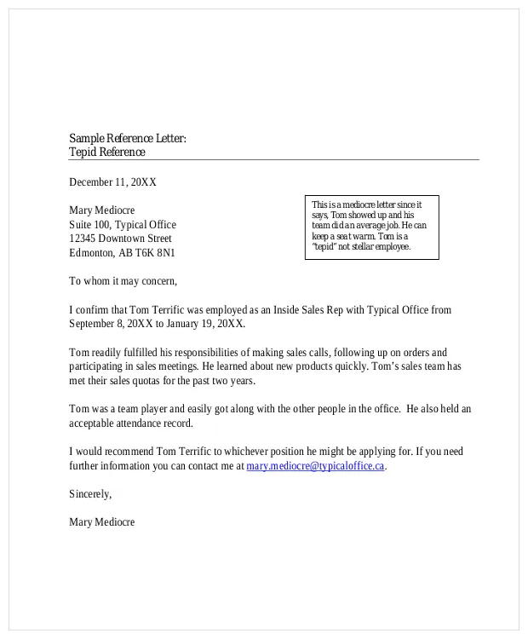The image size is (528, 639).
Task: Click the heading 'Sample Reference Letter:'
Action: [x=127, y=138]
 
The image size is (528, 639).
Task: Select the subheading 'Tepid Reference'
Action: [x=107, y=153]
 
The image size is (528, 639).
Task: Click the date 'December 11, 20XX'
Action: [x=112, y=182]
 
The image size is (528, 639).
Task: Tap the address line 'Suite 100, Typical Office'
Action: [x=123, y=225]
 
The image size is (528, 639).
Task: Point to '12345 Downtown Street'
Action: [x=120, y=239]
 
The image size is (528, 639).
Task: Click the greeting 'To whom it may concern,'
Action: [x=123, y=281]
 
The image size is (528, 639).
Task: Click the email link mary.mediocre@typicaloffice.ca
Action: [x=315, y=466]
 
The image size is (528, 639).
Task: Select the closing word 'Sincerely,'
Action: [x=90, y=494]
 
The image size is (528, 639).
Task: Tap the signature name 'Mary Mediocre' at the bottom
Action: [x=101, y=522]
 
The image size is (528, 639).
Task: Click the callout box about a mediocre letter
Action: [x=371, y=227]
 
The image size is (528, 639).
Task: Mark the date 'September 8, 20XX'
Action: [x=110, y=324]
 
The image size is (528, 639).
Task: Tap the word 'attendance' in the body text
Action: [x=145, y=423]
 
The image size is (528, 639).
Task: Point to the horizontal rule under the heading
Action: [x=273, y=160]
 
